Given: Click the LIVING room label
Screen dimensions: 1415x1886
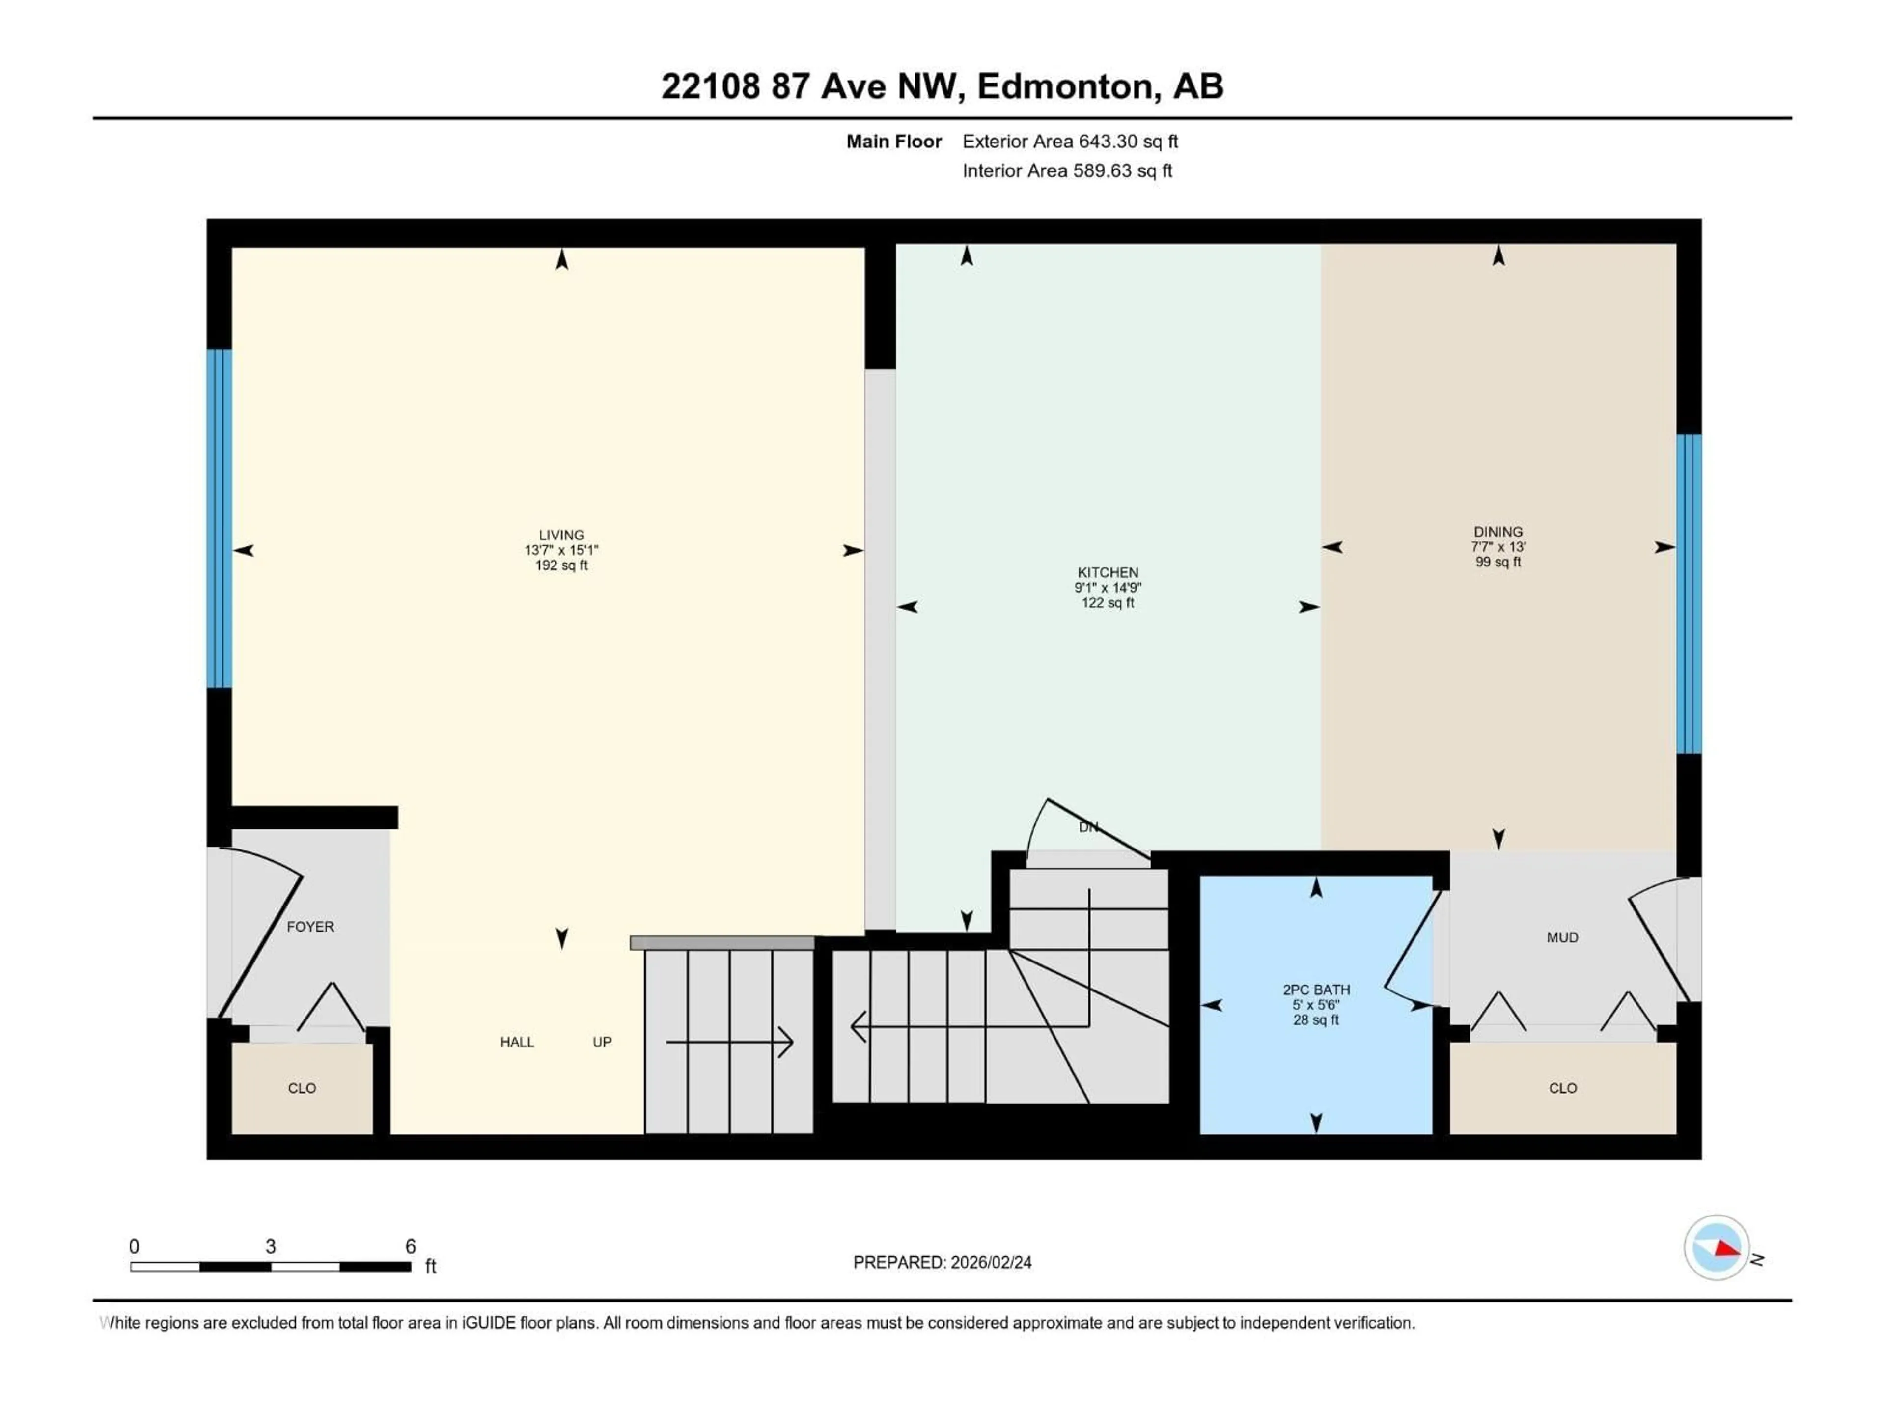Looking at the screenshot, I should (x=561, y=535).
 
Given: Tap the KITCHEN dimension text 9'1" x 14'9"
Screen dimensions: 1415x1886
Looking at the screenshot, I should (x=1108, y=588).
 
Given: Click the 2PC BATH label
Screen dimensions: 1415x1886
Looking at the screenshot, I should (x=1316, y=990).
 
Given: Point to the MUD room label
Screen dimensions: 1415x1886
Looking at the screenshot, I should (x=1562, y=937).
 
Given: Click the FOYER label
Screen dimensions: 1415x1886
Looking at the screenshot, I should (x=310, y=926).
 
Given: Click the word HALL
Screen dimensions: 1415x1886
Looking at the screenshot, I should (x=517, y=1042).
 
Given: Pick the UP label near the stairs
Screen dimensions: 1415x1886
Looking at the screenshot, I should (x=602, y=1042).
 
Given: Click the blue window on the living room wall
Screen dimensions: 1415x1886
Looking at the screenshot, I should (x=219, y=518).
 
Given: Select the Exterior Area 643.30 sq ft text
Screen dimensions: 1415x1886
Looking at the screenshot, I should (x=1070, y=141).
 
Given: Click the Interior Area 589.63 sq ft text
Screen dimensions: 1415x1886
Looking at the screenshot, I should (x=1067, y=170).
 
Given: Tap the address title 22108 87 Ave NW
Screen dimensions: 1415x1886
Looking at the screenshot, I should (x=812, y=86).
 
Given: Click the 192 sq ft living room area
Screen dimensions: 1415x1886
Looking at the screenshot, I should (x=561, y=565).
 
